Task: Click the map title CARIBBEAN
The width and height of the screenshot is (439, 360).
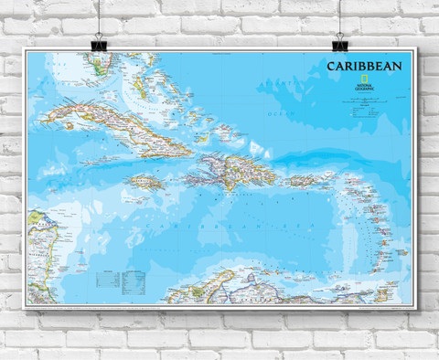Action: pos(363,67)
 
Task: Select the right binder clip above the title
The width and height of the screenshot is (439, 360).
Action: pos(340,40)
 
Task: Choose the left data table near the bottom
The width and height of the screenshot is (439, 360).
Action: pos(107,277)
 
